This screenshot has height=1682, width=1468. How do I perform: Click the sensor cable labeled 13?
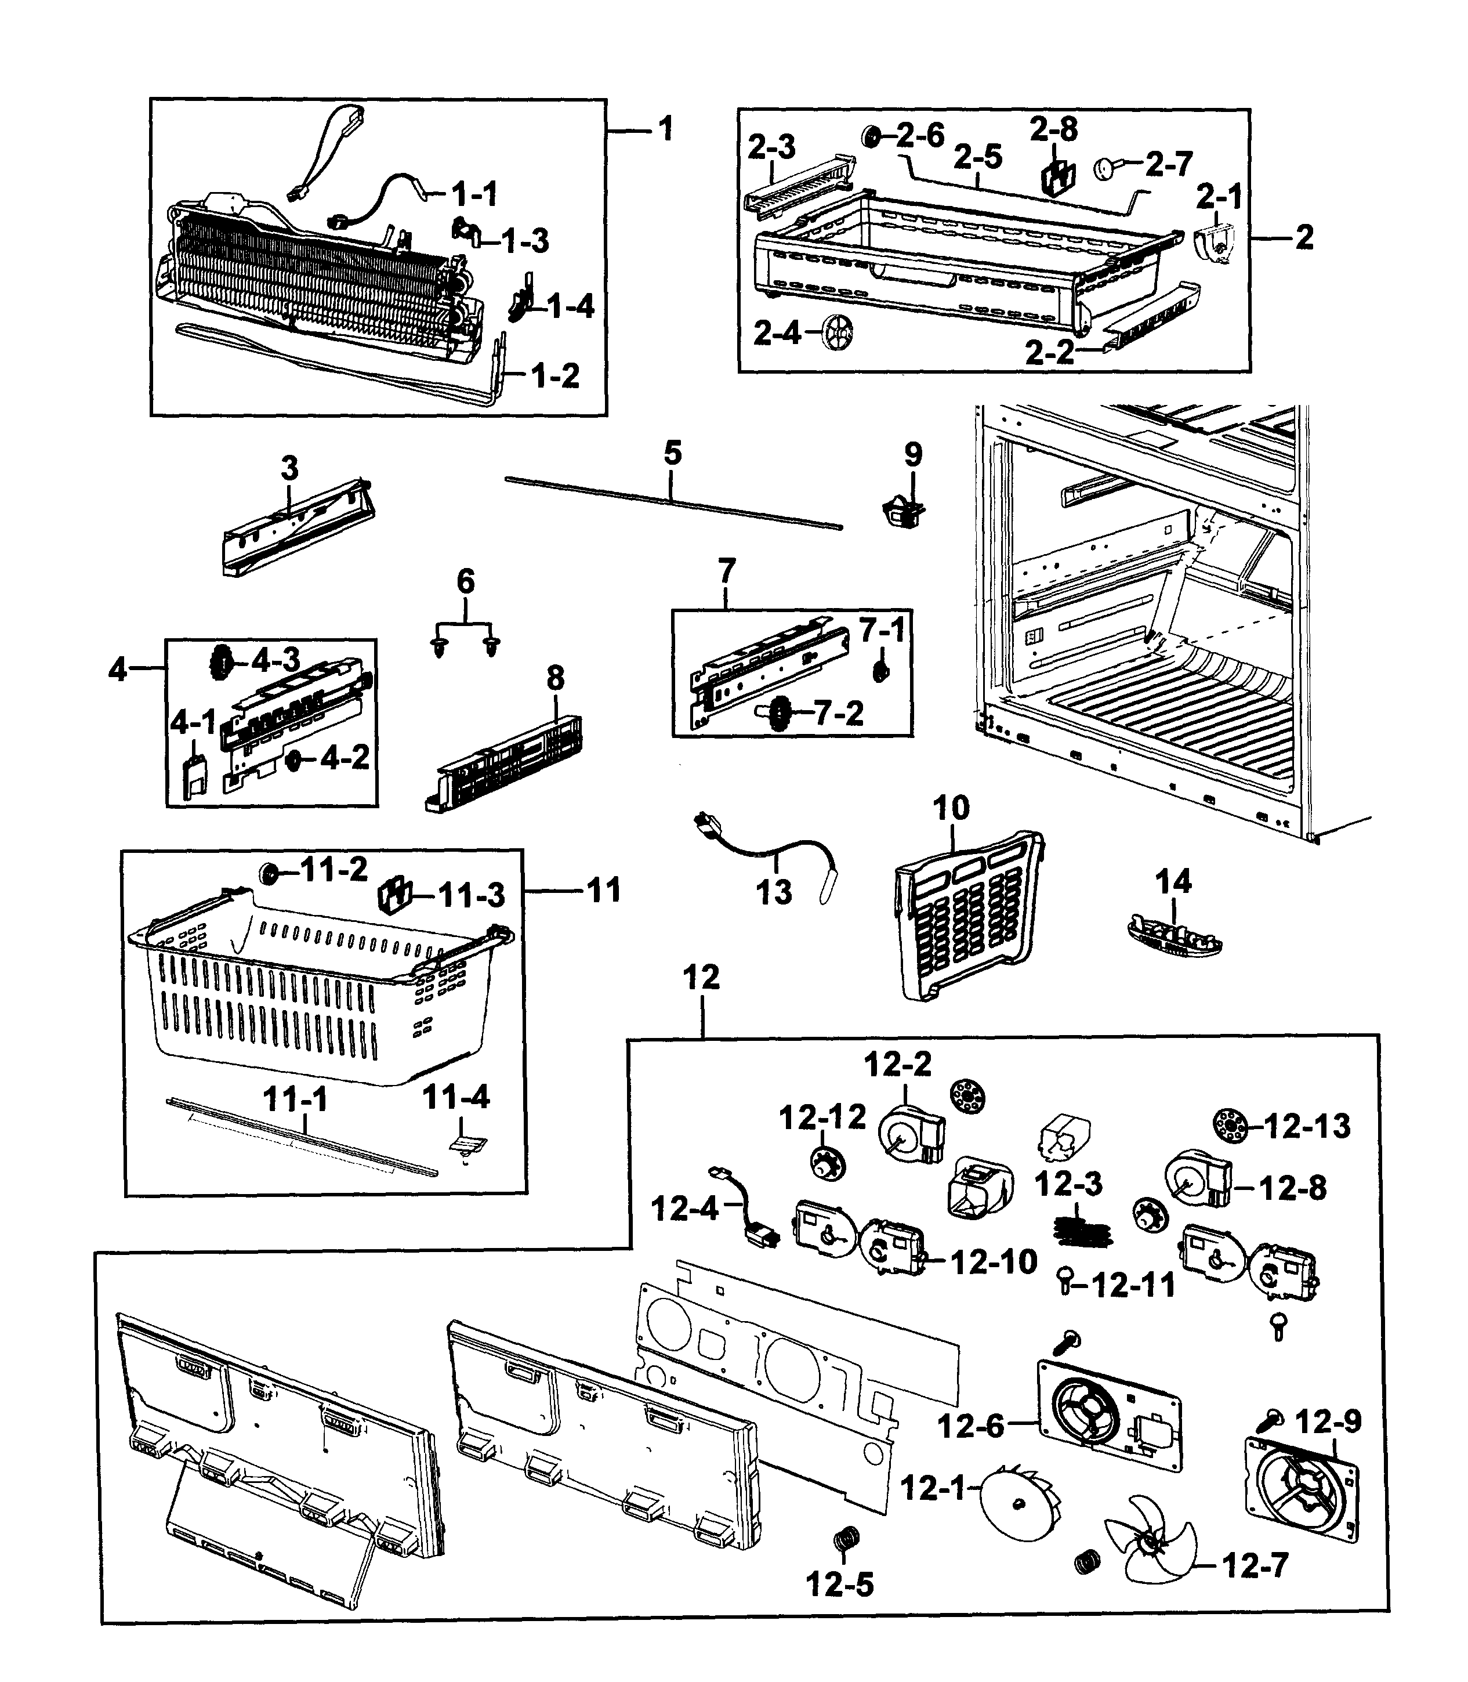tap(770, 853)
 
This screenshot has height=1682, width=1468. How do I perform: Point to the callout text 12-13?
tap(1307, 1127)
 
